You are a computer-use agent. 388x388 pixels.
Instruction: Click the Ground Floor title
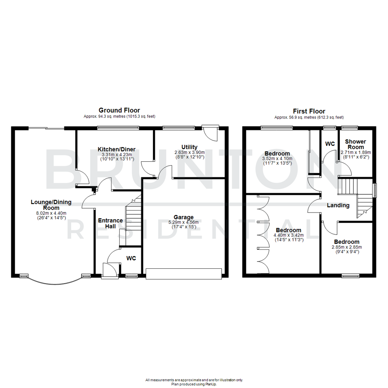click(119, 110)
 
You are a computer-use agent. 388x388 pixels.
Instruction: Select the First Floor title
click(309, 111)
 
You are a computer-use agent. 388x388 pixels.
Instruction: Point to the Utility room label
click(189, 147)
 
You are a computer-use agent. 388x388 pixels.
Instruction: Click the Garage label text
click(184, 217)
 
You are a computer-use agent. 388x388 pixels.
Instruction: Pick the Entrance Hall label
click(110, 223)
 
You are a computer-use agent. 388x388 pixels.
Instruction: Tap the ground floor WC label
click(131, 258)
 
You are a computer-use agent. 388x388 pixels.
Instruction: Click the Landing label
click(338, 205)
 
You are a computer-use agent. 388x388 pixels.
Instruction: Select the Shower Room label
click(355, 144)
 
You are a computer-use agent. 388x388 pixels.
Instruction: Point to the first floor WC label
click(330, 144)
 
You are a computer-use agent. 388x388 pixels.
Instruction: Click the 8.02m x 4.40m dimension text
click(51, 213)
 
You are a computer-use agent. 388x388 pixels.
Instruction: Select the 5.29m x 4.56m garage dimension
click(184, 222)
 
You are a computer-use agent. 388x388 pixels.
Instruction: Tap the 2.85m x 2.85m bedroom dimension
click(347, 247)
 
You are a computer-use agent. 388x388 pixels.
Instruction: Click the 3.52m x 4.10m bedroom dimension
click(277, 158)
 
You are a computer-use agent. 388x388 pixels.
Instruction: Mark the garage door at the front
click(184, 274)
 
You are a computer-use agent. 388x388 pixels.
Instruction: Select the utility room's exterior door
click(211, 133)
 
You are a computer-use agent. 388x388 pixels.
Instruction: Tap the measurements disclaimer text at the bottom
click(194, 380)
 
